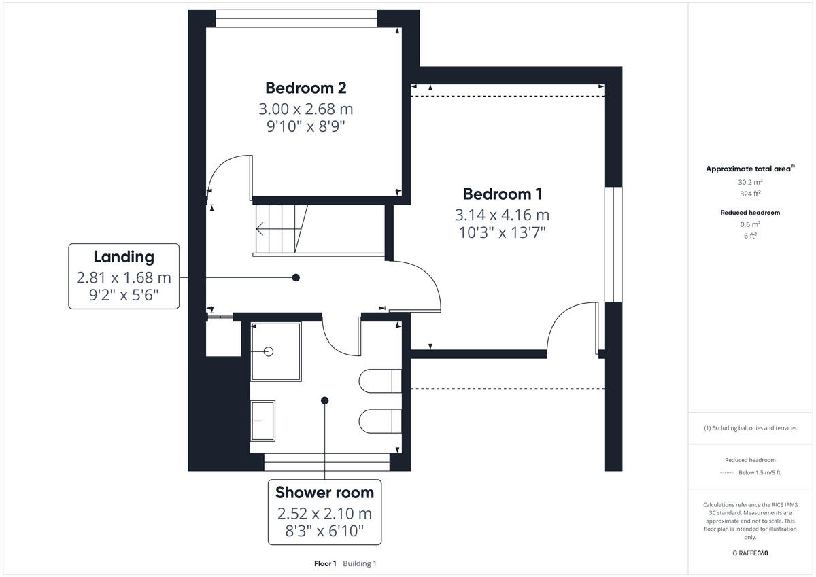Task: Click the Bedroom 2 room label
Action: [305, 88]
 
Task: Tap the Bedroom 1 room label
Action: [502, 194]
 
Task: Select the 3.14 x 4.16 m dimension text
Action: [502, 215]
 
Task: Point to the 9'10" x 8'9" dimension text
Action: [305, 126]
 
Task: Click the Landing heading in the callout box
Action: [124, 256]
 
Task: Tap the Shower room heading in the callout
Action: [324, 492]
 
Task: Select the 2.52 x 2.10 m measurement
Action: [324, 513]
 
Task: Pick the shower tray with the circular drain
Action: [275, 351]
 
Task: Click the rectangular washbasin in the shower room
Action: [262, 421]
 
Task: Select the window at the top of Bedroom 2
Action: [296, 18]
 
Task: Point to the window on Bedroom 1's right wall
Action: [613, 245]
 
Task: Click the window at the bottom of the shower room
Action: [327, 463]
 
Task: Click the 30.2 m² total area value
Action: [750, 182]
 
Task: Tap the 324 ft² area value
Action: [750, 193]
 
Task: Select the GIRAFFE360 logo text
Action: [750, 553]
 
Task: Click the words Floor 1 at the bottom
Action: [325, 563]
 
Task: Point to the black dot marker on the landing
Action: [296, 277]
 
